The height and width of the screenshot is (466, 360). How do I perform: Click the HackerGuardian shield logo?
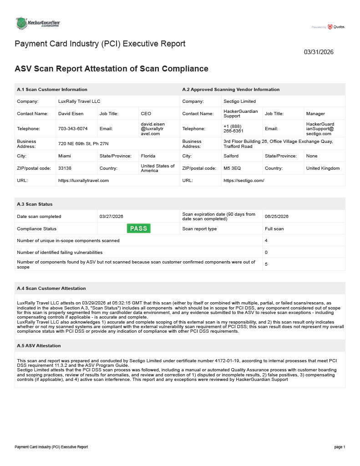pos(21,23)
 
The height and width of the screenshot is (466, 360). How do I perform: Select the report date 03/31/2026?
pos(319,52)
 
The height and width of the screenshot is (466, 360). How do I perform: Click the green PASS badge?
pos(138,228)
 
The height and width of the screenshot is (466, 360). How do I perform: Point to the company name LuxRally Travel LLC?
pos(79,101)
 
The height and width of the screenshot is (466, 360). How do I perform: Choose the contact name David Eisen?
pos(71,114)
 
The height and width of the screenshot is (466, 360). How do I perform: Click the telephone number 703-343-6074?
pos(73,129)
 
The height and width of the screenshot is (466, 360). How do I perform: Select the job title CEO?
pos(146,114)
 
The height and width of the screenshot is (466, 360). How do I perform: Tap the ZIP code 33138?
pos(65,168)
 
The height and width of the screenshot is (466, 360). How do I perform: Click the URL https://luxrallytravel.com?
pos(83,181)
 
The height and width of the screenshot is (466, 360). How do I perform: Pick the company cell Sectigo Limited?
pos(239,101)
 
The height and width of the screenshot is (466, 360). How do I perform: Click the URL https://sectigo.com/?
pos(244,181)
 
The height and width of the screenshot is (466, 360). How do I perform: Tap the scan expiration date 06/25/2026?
pos(277,216)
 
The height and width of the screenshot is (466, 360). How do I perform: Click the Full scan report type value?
pos(274,228)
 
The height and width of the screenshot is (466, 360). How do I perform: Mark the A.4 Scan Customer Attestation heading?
pos(51,289)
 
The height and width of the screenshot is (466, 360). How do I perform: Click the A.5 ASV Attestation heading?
pos(39,346)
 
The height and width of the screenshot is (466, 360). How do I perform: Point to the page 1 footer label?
pos(340,447)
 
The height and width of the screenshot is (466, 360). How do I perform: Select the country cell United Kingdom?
pos(323,168)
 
